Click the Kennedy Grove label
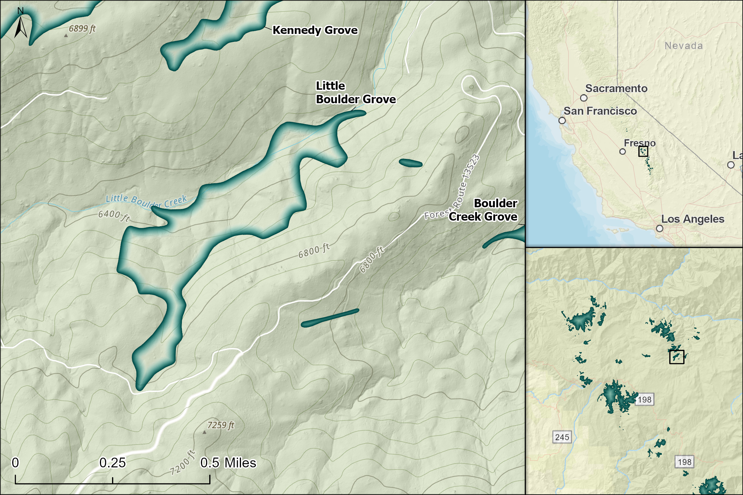coord(315,30)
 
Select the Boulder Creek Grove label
coord(484,210)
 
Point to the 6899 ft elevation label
coord(82,29)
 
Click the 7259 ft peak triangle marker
coord(204,432)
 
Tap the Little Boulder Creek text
coord(146,201)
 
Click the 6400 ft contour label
coord(114,216)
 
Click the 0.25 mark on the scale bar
coord(112,463)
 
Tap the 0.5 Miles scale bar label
coord(228,463)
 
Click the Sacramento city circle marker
coord(584,98)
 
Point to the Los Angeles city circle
coord(659,228)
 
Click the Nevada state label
coord(684,46)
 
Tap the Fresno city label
coord(639,143)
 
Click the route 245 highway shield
coord(562,437)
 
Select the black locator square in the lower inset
coord(677,357)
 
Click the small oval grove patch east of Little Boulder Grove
coord(410,163)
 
